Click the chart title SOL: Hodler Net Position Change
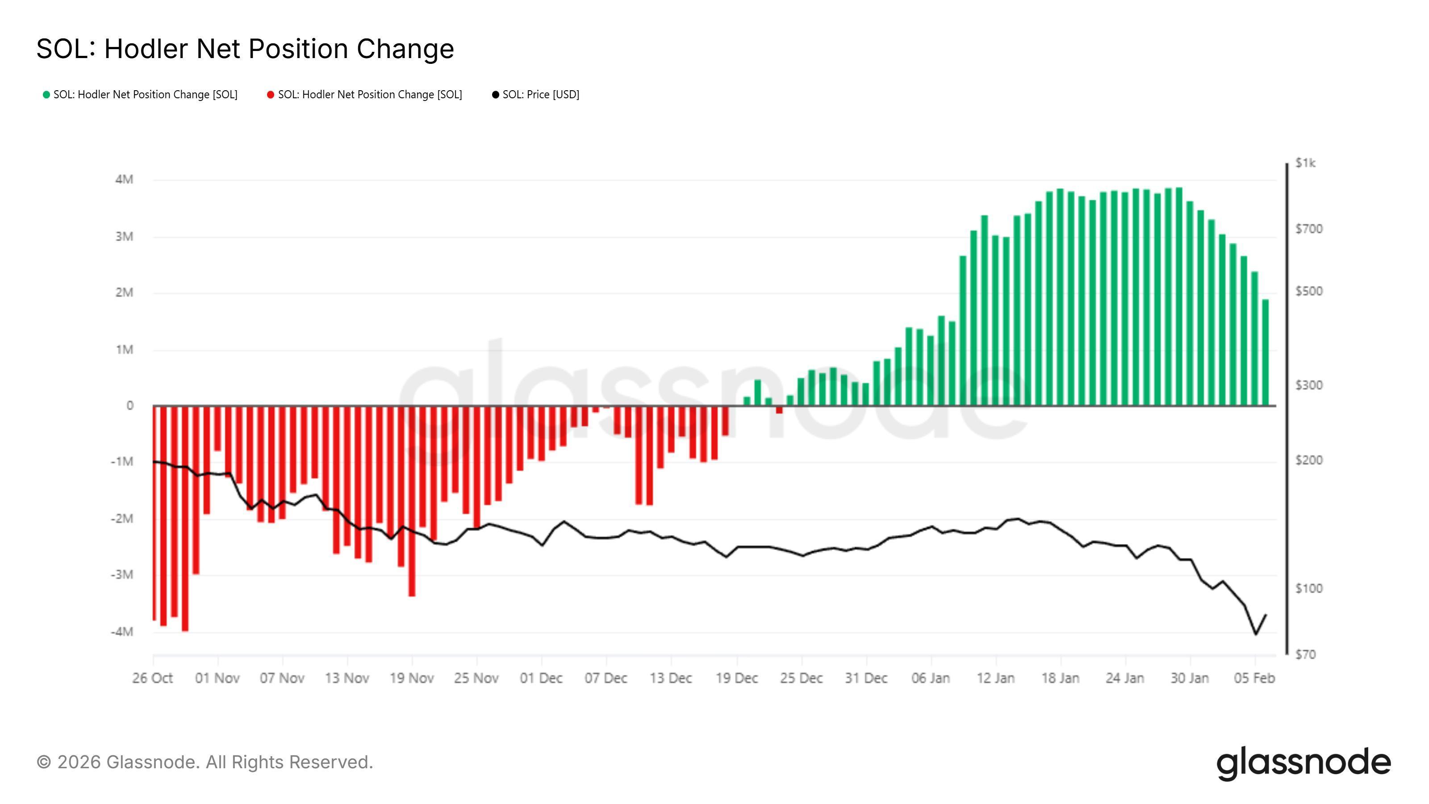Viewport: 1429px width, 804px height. [245, 49]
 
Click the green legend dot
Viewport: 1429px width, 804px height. [46, 95]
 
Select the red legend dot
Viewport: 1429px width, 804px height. [271, 95]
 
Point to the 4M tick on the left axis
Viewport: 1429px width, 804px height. [124, 179]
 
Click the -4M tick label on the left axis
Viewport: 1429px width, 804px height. [122, 632]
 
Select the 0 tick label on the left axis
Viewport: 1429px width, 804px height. [130, 406]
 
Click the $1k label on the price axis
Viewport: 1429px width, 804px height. [1305, 163]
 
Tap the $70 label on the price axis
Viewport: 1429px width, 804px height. [1305, 655]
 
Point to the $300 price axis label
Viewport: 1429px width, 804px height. [1308, 385]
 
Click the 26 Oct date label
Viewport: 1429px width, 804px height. [153, 678]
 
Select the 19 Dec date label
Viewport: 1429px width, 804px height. [737, 678]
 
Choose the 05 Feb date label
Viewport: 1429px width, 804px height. [1254, 678]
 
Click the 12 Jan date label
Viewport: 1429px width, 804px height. [995, 678]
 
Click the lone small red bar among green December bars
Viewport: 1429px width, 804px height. [779, 410]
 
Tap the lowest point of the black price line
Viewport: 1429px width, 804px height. [1256, 634]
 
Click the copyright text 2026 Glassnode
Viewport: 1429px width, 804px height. [205, 762]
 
